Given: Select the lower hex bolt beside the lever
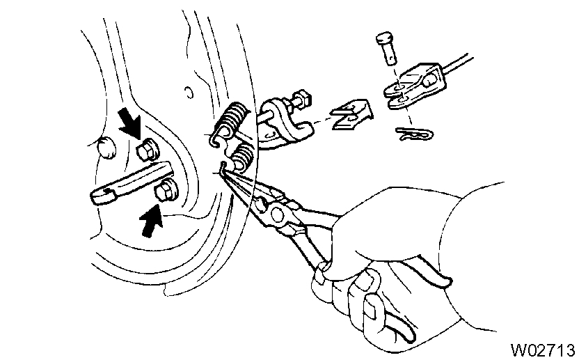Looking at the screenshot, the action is click(167, 189).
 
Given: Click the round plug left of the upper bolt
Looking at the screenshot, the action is click(106, 148).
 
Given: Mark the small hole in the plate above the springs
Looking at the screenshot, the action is click(187, 91).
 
